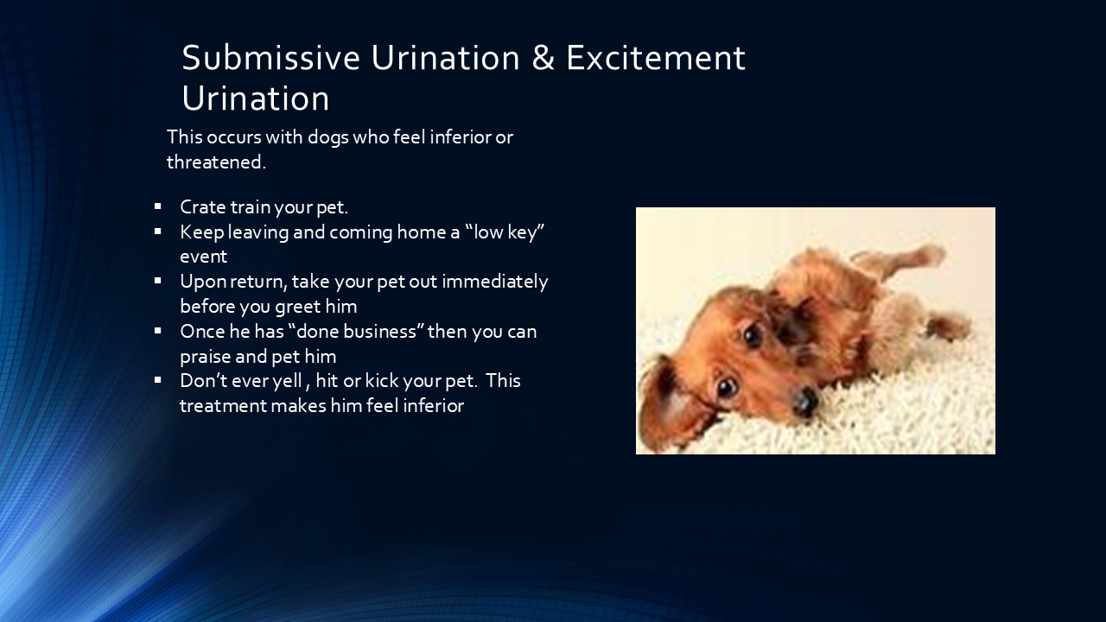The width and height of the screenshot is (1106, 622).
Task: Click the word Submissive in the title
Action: point(270,58)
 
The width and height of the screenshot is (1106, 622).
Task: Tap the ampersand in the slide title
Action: point(543,58)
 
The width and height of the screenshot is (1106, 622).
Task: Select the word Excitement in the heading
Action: point(655,58)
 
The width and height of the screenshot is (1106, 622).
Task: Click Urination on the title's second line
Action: point(255,98)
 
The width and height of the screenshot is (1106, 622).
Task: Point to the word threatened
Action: point(215,162)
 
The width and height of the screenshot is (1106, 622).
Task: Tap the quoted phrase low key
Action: point(509,232)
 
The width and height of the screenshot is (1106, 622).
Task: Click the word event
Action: point(203,257)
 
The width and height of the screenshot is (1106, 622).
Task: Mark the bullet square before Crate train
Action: point(158,206)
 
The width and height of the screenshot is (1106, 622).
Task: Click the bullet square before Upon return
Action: point(158,281)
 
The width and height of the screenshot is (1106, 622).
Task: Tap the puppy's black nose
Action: point(804,400)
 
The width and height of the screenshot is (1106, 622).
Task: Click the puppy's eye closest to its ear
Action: point(727,386)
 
